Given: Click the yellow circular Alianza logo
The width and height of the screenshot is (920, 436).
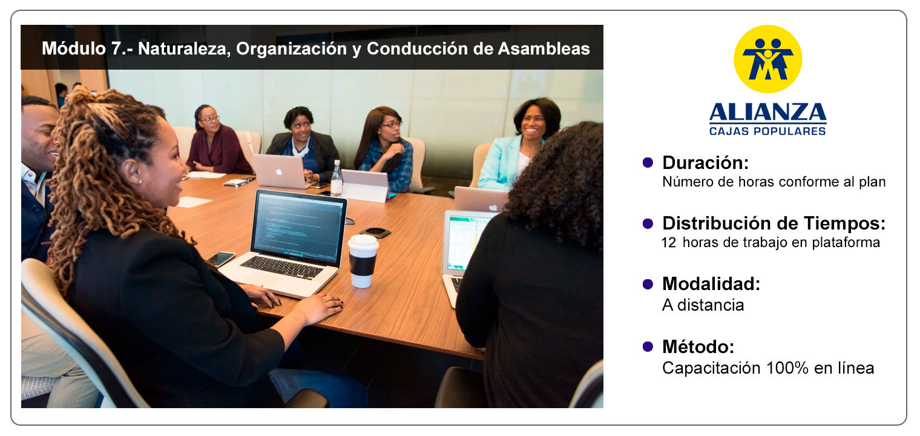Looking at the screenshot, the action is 767,59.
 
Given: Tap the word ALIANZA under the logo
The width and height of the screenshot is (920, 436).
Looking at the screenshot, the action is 767,112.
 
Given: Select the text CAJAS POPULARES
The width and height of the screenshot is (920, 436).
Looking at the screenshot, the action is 767,131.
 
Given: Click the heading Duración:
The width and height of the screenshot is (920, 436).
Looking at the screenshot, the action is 705,163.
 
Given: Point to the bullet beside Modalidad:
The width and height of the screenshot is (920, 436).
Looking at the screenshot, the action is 648,284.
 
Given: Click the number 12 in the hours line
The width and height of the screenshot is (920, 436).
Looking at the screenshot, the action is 669,243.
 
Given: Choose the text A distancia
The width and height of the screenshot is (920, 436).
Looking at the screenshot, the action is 703,305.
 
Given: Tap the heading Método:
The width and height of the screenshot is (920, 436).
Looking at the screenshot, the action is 698,347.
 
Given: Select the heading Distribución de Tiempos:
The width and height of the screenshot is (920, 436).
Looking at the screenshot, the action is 774,223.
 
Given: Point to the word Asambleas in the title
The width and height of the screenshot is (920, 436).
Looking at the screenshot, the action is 544,48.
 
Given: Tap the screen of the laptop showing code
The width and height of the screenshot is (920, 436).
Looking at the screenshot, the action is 298,227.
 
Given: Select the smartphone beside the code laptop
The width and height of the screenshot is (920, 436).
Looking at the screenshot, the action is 221,259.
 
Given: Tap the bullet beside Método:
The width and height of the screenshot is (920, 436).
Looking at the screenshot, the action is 648,347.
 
